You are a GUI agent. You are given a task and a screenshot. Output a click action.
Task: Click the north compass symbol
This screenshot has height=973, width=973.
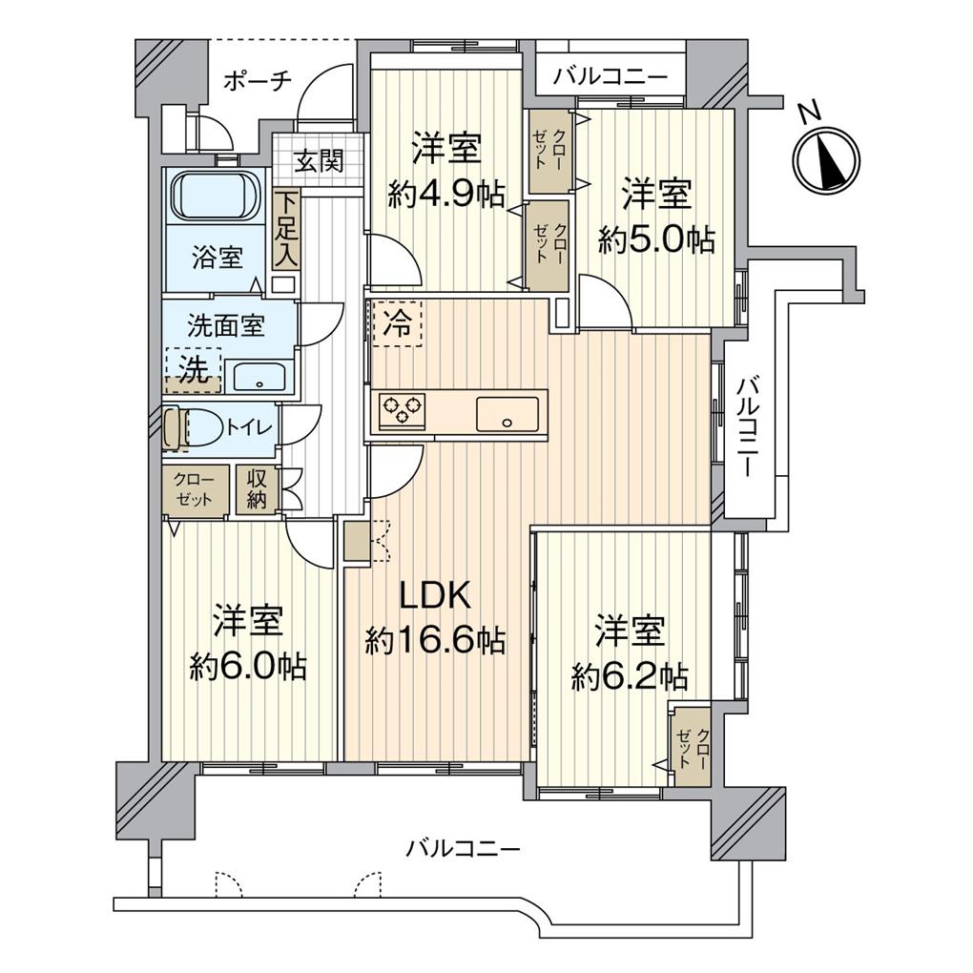coord(826,158)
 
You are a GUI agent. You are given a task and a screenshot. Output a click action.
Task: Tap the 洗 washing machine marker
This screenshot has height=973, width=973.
coord(194,370)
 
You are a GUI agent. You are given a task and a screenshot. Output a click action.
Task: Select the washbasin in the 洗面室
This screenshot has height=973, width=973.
coord(259,376)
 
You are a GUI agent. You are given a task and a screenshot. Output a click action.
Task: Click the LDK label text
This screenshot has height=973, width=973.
coord(434,596)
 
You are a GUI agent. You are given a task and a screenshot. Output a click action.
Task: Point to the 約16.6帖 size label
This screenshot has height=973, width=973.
coord(435,640)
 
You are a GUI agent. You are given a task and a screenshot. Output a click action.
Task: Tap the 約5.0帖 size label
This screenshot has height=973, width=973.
coord(656,238)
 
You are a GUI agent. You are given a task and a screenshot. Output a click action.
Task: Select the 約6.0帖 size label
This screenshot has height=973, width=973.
coord(247,666)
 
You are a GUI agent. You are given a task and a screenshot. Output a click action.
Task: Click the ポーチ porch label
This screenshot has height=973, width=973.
coord(258,82)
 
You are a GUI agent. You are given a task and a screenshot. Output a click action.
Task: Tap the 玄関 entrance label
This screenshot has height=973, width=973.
coord(317,161)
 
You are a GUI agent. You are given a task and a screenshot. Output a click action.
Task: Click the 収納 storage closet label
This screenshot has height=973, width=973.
coord(257,489)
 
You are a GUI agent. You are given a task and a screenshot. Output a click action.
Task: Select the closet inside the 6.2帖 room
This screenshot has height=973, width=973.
coord(691,743)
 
